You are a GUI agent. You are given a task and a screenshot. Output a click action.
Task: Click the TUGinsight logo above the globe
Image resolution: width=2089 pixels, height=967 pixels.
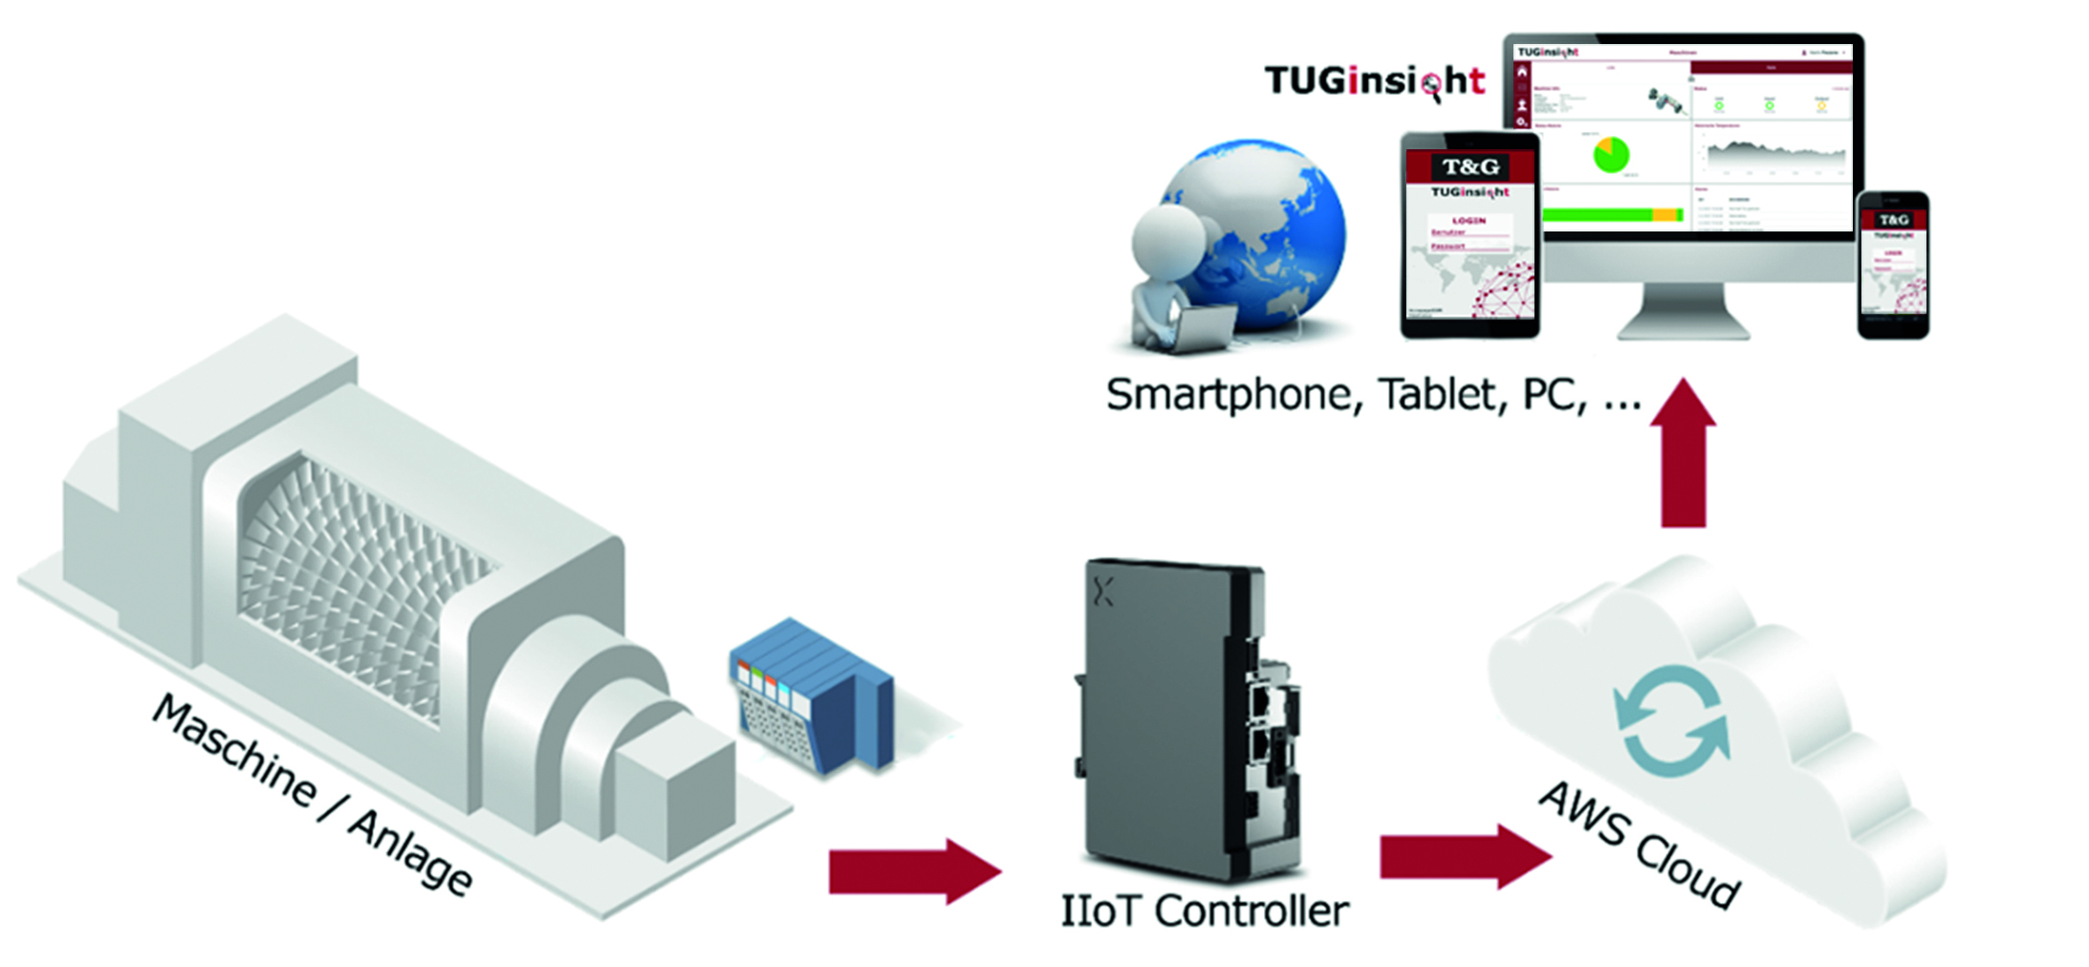point(1374,80)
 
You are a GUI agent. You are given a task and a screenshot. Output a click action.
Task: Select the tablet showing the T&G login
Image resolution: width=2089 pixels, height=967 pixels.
point(1469,235)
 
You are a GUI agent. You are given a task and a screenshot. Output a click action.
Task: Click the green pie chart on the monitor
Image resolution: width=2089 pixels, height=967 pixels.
point(1611,155)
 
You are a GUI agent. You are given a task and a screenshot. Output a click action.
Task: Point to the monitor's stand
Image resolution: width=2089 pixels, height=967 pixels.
point(1684,311)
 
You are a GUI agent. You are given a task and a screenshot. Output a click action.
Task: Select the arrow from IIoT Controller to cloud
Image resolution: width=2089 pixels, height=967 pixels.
point(1463,856)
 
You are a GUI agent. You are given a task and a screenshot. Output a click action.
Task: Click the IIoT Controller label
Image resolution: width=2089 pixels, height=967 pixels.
point(1204,911)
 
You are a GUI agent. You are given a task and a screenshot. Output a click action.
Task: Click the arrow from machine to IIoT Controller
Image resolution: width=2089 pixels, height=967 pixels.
point(912,870)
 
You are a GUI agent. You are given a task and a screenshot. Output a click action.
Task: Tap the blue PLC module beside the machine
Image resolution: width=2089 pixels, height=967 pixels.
point(813,693)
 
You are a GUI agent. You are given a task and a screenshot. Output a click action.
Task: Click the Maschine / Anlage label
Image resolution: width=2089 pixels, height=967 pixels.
point(312,795)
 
